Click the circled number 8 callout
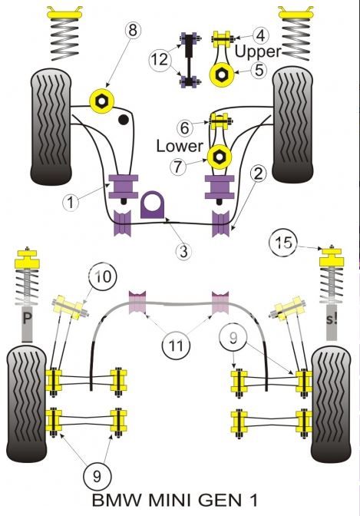(132, 31)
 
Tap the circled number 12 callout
(159, 60)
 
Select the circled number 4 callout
(260, 35)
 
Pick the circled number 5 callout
(259, 70)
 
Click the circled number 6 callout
(185, 127)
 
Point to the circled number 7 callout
(178, 167)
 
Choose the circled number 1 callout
(71, 202)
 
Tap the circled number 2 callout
(258, 174)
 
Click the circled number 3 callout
(183, 251)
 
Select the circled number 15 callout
(283, 243)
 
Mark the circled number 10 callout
(102, 276)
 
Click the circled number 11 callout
(177, 346)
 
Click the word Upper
(258, 51)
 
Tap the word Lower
(180, 146)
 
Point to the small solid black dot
(124, 120)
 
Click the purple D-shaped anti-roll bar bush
(153, 205)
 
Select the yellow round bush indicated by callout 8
(101, 101)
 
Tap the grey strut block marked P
(27, 324)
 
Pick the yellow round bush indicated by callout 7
(220, 157)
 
